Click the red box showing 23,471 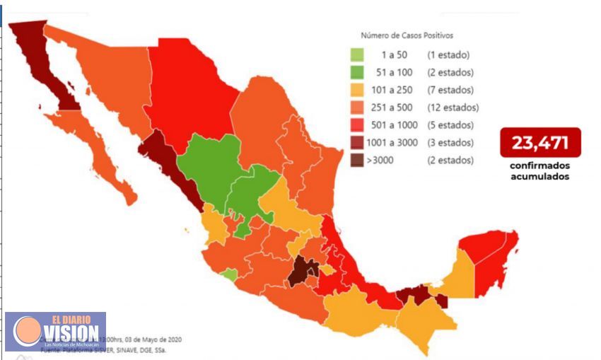[540, 143]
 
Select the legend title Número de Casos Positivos [407, 35]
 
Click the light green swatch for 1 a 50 [358, 54]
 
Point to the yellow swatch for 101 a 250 [358, 90]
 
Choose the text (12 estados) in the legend [453, 108]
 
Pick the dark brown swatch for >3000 [358, 161]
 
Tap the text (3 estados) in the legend [450, 143]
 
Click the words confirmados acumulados [540, 172]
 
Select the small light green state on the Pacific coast [228, 274]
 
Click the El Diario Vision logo [57, 331]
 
